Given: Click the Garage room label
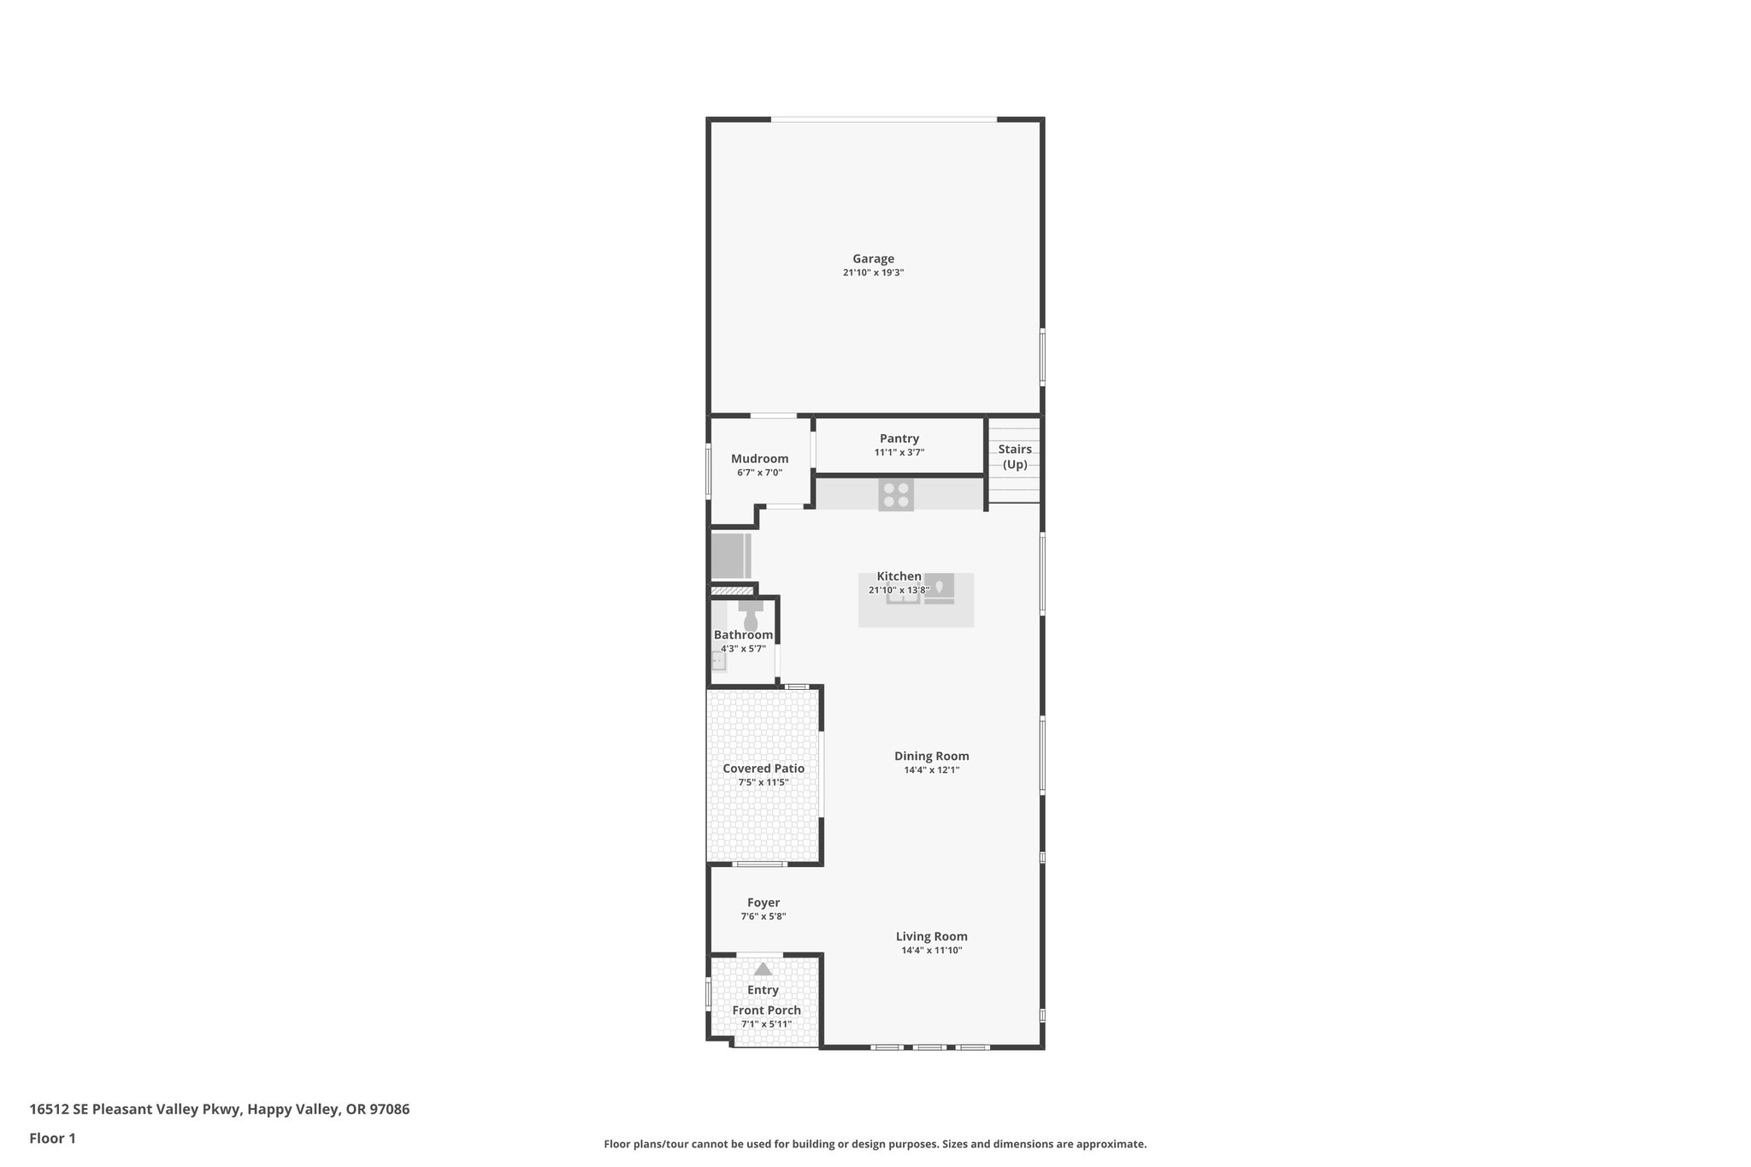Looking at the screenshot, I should (873, 259).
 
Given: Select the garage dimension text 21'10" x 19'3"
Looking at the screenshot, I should (873, 273).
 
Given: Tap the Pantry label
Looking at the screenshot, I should (899, 439).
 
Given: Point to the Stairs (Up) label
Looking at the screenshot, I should (1015, 457).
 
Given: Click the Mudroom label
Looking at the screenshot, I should (759, 459).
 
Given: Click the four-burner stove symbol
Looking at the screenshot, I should (896, 495).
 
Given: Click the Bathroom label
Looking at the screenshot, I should (743, 635).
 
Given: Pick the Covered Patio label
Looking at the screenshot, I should (763, 769).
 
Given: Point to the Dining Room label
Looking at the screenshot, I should (931, 756).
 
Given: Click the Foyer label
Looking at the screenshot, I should (763, 903).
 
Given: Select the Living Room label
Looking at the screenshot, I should (931, 936).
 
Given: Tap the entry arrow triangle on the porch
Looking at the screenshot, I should (763, 970).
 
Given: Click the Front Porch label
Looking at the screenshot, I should (766, 1011).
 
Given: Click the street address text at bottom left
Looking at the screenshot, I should (220, 1110).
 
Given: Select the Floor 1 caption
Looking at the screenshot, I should (53, 1139).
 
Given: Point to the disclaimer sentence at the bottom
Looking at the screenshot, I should (875, 1144).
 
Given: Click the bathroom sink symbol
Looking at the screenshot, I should (719, 661).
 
